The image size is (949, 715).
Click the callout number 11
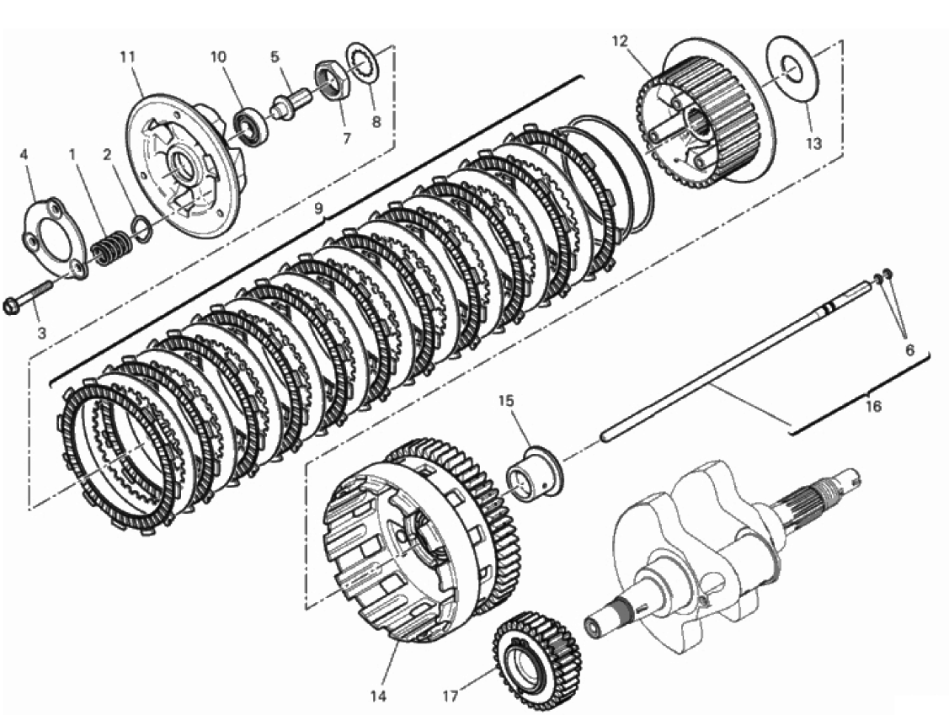[127, 56]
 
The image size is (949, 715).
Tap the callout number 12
[621, 41]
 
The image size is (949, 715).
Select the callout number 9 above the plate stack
[318, 209]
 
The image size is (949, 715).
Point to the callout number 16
[872, 406]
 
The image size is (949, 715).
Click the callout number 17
[450, 696]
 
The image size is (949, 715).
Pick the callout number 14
[377, 696]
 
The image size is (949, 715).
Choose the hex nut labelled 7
[330, 82]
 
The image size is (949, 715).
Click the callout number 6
[909, 350]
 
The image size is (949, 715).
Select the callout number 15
[506, 401]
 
